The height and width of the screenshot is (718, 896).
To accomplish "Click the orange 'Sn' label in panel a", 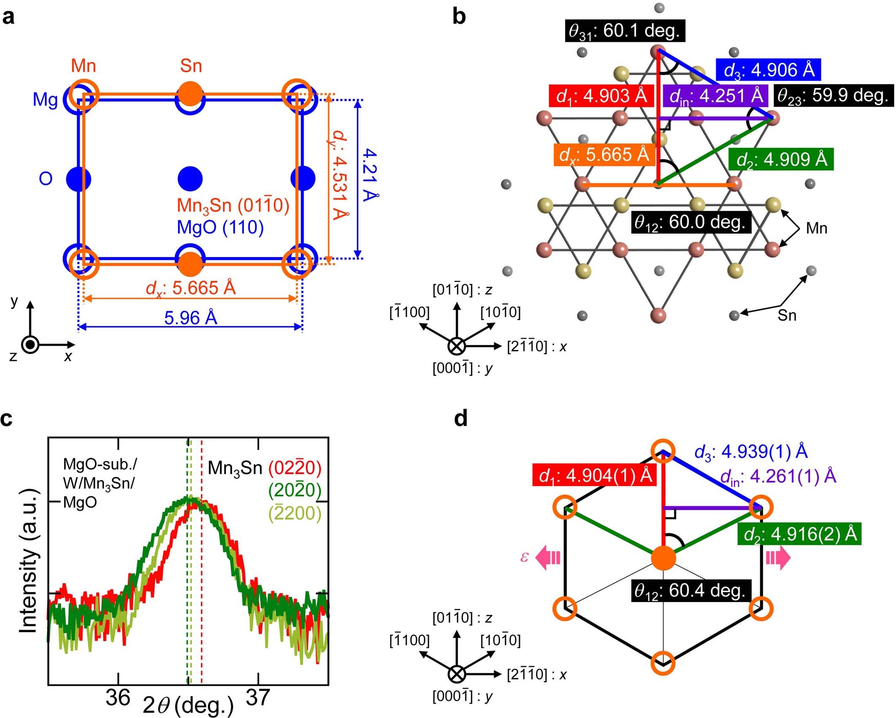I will (191, 66).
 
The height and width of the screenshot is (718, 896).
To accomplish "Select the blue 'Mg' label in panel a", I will (45, 100).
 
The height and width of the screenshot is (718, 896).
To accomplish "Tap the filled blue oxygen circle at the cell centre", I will (190, 179).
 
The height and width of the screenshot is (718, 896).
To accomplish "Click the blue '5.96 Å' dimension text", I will (190, 317).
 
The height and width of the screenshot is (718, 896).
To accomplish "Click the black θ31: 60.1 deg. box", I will (624, 31).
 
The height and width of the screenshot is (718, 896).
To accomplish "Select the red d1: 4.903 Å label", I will (601, 96).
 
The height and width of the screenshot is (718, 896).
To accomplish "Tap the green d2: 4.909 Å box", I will (781, 160).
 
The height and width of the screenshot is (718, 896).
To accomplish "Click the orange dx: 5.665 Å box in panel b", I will (604, 154).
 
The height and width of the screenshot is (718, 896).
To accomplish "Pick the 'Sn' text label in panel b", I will (787, 315).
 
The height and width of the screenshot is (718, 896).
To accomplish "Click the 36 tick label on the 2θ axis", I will (118, 697).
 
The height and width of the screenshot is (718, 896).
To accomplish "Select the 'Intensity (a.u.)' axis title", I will (28, 562).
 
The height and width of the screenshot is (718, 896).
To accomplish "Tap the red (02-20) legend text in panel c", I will (295, 468).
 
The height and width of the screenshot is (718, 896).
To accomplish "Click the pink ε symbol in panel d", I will (524, 557).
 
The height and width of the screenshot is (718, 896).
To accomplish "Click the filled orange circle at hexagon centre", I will (663, 558).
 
